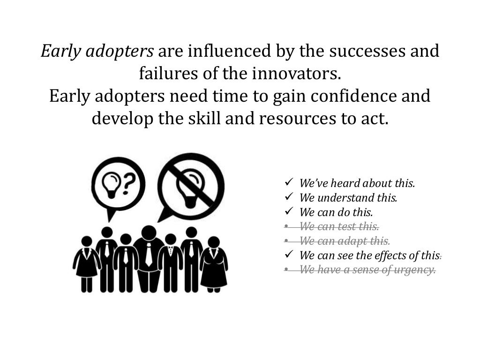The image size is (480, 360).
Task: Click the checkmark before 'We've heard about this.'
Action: pyautogui.click(x=289, y=182)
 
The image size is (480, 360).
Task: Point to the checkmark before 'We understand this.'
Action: pyautogui.click(x=289, y=197)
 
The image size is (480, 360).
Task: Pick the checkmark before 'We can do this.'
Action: pyautogui.click(x=289, y=211)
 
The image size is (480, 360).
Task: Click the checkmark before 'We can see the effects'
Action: pyautogui.click(x=289, y=255)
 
